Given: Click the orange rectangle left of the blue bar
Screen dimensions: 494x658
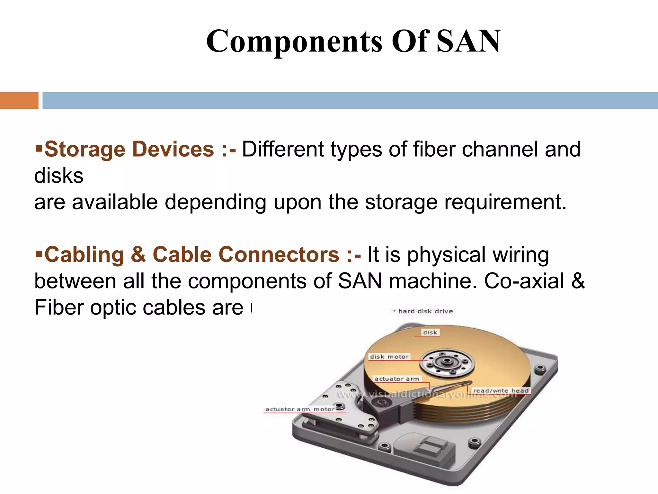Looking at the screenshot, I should [x=19, y=100].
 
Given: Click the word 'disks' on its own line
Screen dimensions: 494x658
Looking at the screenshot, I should [x=59, y=176].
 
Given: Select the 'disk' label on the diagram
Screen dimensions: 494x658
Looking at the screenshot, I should [x=430, y=333].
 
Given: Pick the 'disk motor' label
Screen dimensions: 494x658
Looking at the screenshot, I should [x=389, y=357].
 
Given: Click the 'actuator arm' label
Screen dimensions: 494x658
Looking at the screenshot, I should [x=397, y=379].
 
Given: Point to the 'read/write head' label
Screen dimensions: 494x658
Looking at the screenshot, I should [x=501, y=390].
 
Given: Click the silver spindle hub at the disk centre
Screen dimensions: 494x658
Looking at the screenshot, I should [x=447, y=362].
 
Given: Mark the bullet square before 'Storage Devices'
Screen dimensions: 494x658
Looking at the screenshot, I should [x=39, y=148].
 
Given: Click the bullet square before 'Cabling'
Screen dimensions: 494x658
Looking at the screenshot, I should [x=39, y=253].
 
